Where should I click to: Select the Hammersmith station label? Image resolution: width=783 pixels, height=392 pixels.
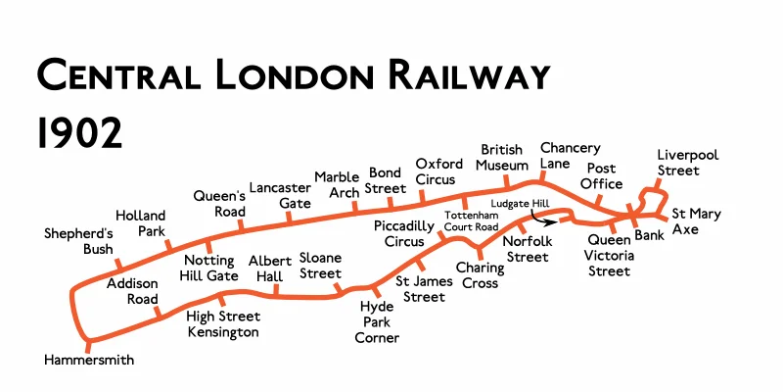[89, 361]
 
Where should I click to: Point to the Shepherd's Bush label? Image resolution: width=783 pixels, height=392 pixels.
[79, 241]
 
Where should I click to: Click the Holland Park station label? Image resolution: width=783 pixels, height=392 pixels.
[141, 222]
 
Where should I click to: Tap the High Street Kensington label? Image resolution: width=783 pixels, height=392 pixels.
[223, 324]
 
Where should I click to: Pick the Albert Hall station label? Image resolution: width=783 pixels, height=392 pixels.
[269, 268]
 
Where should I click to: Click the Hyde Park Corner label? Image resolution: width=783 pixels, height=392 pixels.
[377, 322]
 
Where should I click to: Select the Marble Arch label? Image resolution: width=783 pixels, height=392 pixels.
[337, 185]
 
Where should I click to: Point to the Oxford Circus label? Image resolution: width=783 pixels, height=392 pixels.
[436, 171]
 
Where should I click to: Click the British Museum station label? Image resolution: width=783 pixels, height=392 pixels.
[503, 157]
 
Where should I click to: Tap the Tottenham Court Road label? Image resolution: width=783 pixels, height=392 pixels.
[472, 220]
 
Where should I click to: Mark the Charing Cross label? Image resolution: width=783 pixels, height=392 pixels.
[478, 274]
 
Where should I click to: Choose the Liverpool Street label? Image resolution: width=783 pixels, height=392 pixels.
[687, 163]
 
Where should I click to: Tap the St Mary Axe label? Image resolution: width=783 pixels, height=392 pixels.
[697, 221]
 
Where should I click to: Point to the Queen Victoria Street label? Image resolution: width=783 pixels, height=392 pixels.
[610, 255]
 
